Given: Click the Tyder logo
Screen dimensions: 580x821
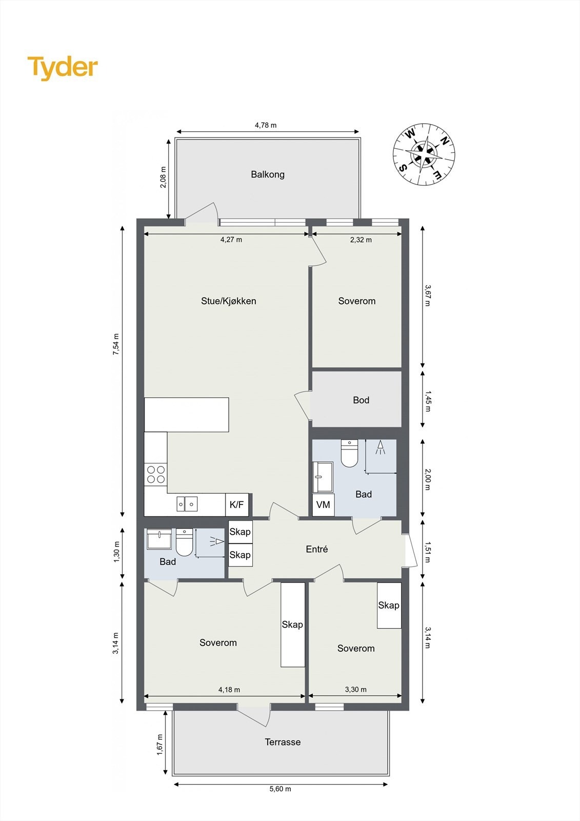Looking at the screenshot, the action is [63, 68].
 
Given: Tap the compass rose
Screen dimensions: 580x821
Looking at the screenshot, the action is [424, 154].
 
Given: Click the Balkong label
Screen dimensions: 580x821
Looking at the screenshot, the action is [268, 174].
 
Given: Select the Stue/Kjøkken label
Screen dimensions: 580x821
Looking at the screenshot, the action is [229, 301].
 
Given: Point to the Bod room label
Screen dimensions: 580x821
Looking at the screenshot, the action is [361, 400].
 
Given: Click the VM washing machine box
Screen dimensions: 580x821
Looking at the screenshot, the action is [323, 505].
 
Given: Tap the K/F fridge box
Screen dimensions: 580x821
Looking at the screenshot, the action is [237, 504].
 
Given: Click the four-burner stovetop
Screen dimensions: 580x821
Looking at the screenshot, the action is [156, 474].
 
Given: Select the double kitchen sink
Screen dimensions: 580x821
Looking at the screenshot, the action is [187, 504].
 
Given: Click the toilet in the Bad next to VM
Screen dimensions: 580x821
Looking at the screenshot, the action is [349, 453].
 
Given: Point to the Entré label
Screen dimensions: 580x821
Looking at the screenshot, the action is [317, 549].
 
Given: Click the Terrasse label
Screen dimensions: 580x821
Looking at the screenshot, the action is [283, 742].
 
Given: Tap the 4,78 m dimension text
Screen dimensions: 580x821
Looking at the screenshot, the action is [266, 125].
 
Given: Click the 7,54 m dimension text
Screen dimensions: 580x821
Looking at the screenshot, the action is [116, 344].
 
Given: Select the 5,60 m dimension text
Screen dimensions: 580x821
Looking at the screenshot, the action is [281, 789].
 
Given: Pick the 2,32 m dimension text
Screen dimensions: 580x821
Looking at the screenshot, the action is [361, 240].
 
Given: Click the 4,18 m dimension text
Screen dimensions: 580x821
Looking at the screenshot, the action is [229, 690].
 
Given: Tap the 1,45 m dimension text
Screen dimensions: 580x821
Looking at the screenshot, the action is [428, 401].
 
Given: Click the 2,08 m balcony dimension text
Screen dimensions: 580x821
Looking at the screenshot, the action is [163, 178].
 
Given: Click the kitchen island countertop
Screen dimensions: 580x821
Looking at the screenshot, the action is [187, 415].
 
